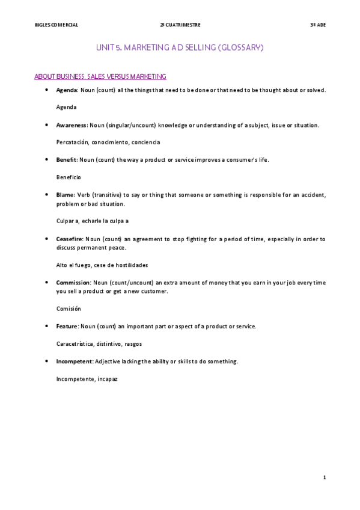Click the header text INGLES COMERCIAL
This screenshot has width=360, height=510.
pos(56,25)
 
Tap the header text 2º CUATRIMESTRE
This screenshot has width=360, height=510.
pos(180,25)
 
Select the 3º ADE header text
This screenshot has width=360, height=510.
pos(317,25)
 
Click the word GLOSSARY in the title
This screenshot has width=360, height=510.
pos(239,47)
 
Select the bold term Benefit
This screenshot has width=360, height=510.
pos(66,160)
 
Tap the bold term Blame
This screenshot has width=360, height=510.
pos(65,194)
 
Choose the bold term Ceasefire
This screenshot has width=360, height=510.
pos(70,239)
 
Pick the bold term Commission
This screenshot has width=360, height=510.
pos(73,282)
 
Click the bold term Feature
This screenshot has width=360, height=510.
pos(67,326)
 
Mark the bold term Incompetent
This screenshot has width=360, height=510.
pos(74,361)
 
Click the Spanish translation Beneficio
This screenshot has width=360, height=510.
pos(68,177)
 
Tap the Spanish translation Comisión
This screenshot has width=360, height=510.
pos(68,309)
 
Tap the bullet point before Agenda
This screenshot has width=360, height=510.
pos(47,90)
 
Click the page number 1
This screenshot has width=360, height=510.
pos(324,478)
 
